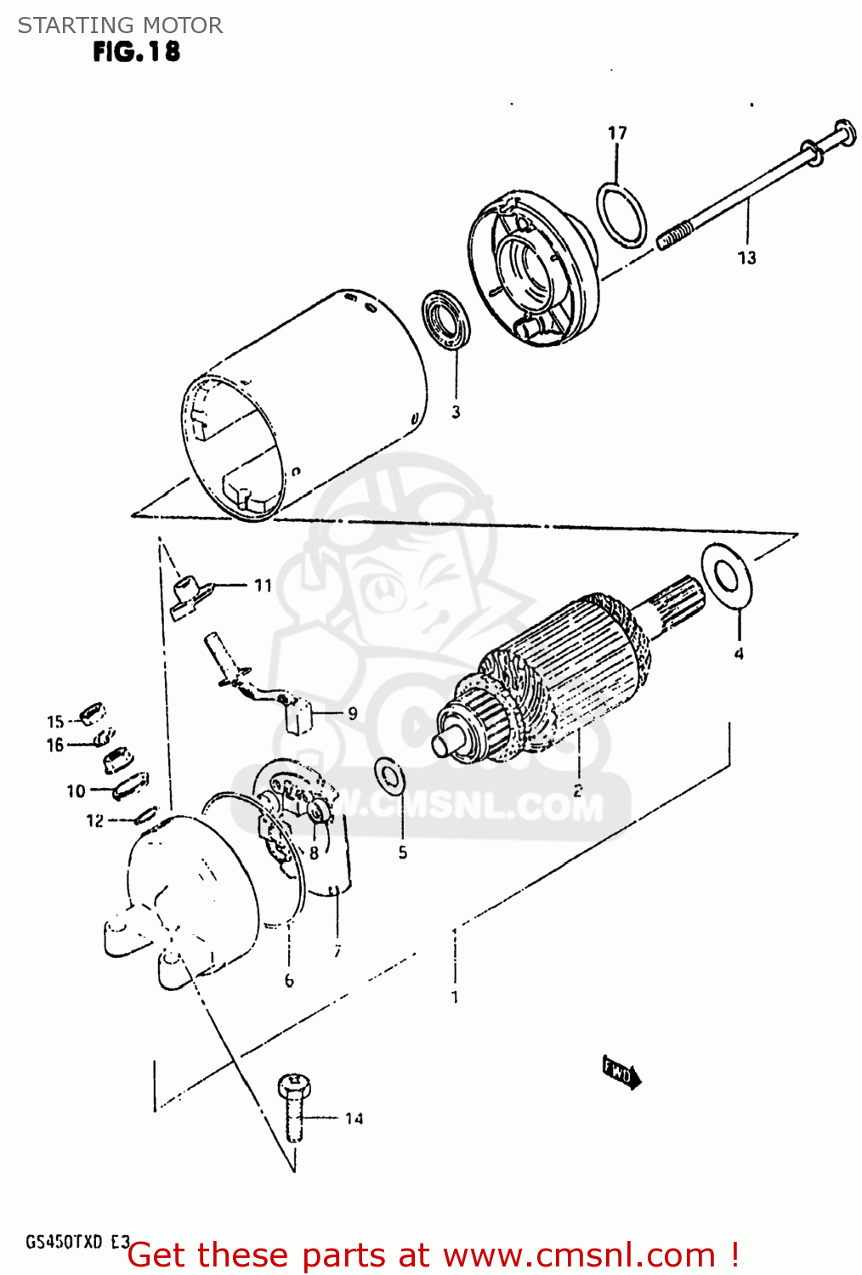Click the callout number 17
tap(617, 133)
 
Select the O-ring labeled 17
tap(621, 214)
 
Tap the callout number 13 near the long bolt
tap(746, 258)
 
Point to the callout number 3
tap(456, 412)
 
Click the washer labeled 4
tap(727, 577)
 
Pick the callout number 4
tap(739, 653)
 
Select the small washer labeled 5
tap(390, 775)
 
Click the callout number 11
tap(263, 585)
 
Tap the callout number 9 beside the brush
tap(352, 713)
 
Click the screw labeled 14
tap(294, 1105)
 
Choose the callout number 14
tap(354, 1119)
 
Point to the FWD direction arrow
tap(621, 1073)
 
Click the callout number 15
tap(55, 722)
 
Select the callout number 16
tap(55, 745)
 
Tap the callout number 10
tap(77, 791)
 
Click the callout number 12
tap(94, 820)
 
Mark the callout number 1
tap(455, 997)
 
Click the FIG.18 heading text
tap(136, 52)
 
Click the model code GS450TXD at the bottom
tap(65, 1242)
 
